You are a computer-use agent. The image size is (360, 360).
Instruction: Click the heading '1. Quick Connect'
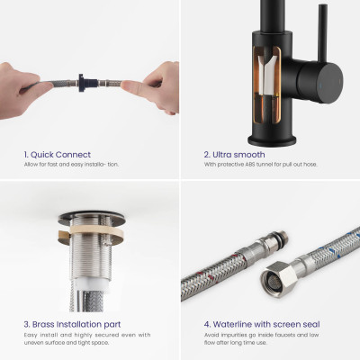click(x=58, y=155)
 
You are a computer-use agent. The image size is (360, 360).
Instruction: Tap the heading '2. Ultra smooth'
click(x=234, y=155)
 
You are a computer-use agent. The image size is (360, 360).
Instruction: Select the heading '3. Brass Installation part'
click(x=72, y=325)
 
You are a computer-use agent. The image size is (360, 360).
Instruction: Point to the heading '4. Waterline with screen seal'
click(x=262, y=325)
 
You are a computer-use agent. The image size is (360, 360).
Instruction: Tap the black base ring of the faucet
click(x=272, y=140)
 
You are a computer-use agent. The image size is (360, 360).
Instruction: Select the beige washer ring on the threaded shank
click(x=92, y=233)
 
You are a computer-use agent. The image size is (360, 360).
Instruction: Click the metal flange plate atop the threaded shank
click(x=92, y=219)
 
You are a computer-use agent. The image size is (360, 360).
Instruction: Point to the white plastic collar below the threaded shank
click(x=90, y=283)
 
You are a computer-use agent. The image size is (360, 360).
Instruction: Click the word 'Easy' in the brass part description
click(x=31, y=335)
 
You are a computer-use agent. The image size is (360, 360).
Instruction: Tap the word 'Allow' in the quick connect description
click(x=31, y=165)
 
